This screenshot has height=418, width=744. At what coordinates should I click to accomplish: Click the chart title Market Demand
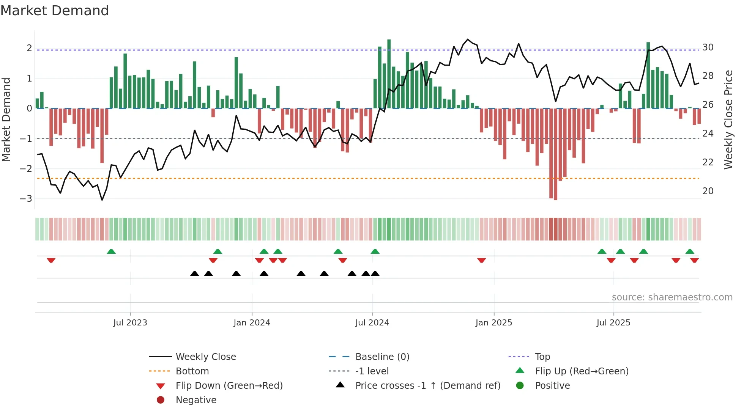tap(55, 10)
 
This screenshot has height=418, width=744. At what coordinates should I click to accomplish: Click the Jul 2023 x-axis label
tap(130, 323)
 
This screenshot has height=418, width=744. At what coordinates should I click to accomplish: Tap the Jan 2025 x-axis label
tap(493, 323)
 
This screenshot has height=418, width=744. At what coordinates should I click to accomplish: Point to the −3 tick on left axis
tap(26, 199)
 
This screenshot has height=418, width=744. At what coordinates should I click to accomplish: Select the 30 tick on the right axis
tap(708, 47)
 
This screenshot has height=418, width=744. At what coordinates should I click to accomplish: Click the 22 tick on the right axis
tap(708, 162)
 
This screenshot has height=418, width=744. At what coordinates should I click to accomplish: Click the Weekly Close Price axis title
tap(728, 119)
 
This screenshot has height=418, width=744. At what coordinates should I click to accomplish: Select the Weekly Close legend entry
tap(205, 357)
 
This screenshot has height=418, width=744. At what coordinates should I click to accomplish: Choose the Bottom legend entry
tap(192, 371)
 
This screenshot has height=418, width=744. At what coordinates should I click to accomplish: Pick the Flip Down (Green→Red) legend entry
tap(229, 386)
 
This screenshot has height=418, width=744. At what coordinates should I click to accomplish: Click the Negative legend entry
tap(196, 400)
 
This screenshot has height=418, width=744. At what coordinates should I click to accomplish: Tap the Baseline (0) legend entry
tap(382, 357)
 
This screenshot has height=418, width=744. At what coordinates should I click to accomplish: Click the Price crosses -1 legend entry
tap(427, 386)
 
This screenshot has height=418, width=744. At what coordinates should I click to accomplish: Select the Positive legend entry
tap(552, 386)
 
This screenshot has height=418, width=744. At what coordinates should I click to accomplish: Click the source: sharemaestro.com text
tap(672, 297)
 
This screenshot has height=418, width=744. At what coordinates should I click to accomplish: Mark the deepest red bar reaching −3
tap(555, 154)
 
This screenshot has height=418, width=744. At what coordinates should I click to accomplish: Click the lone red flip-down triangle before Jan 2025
tap(481, 260)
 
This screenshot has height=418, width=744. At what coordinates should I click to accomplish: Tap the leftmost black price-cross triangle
tap(194, 273)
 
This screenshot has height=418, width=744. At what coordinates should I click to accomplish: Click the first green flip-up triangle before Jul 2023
tap(111, 251)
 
